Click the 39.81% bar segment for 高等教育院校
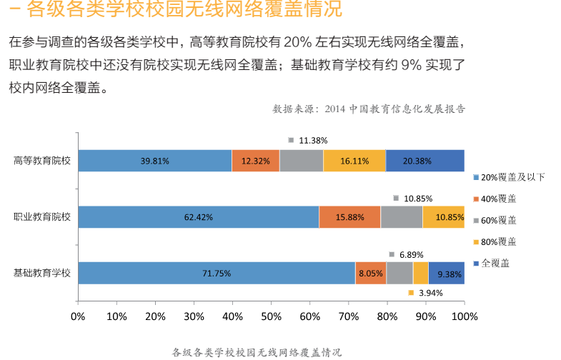[154, 161]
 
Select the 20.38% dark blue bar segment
[425, 161]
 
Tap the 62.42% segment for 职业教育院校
[198, 217]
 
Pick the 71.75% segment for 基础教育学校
[216, 274]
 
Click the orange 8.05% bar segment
[371, 274]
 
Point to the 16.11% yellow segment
[354, 161]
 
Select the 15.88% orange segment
[349, 217]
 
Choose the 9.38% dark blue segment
[447, 274]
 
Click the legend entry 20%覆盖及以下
[512, 177]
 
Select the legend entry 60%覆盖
[498, 220]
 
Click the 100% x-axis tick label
[465, 316]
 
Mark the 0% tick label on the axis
[78, 316]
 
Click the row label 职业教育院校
[42, 216]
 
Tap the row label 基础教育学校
[42, 273]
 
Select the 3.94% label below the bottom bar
[430, 293]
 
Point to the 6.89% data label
[411, 254]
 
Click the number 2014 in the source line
[334, 109]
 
